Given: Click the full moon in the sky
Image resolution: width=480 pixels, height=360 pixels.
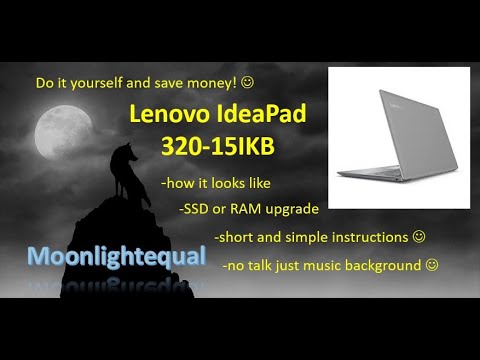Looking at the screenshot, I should point(56,133).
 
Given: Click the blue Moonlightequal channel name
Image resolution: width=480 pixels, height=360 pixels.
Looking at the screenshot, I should point(116,256).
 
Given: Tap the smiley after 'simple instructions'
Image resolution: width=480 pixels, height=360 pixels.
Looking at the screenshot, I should point(419,237).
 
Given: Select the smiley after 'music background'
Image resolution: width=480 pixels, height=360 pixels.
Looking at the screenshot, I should point(431,265).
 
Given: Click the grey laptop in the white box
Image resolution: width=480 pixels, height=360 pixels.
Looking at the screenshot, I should point(398,137).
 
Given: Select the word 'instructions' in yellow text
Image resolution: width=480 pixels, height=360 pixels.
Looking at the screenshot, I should point(369,237).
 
